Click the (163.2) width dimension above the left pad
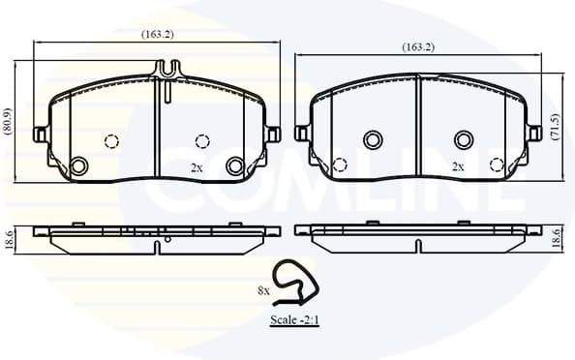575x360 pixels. point(158,34)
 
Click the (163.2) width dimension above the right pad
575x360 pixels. point(418,46)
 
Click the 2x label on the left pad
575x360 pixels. point(197,166)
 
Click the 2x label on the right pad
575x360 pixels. point(458,166)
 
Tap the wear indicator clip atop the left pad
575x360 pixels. point(168,71)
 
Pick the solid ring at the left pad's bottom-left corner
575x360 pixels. point(79,165)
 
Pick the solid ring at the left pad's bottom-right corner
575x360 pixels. point(234,165)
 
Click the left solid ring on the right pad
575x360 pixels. point(373,140)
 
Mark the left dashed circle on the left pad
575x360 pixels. point(111,141)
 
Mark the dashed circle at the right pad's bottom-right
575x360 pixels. point(498,165)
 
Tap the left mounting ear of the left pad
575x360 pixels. point(41,134)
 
